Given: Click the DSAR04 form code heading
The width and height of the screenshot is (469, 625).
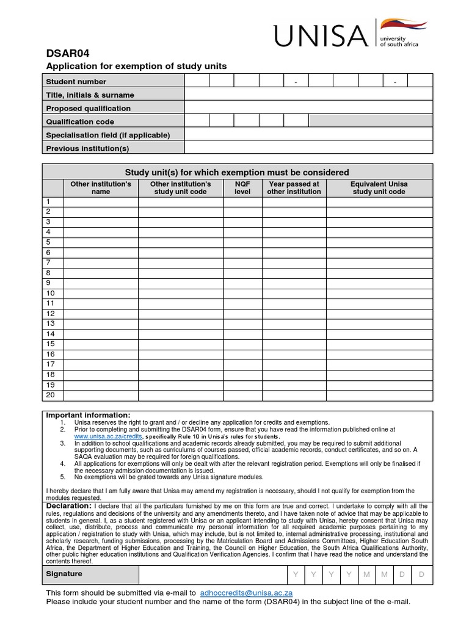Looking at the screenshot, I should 64,53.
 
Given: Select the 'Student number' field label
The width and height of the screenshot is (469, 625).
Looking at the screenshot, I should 76,82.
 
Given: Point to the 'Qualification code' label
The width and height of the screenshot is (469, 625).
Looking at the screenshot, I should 80,121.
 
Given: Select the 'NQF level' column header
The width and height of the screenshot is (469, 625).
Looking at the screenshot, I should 242,187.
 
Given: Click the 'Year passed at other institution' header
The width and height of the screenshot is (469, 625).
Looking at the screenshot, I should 294,187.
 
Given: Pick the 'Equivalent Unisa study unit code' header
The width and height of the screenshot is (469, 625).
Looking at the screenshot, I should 379,187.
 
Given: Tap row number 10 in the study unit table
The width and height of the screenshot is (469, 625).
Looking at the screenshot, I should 51,293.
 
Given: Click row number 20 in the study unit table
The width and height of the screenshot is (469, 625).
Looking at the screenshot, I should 51,395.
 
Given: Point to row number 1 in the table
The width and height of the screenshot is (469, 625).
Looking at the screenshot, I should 48,201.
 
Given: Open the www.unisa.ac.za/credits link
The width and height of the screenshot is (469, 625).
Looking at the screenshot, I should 108,437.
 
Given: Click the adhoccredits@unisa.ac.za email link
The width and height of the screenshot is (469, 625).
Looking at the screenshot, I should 247,593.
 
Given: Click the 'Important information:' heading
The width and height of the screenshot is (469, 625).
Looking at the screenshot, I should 89,415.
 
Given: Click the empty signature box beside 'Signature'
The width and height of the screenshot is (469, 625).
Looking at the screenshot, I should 213,575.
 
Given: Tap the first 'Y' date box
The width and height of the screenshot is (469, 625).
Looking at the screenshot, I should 296,575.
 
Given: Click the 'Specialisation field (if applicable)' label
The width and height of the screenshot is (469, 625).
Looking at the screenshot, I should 108,135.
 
